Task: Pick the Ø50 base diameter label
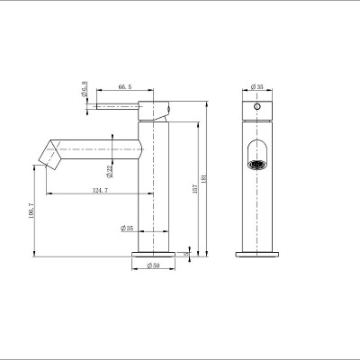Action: (153, 266)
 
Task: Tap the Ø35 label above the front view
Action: (257, 87)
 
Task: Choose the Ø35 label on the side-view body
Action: (127, 229)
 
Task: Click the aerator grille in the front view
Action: (257, 165)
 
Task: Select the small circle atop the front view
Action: (257, 104)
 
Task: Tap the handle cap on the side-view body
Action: (158, 110)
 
